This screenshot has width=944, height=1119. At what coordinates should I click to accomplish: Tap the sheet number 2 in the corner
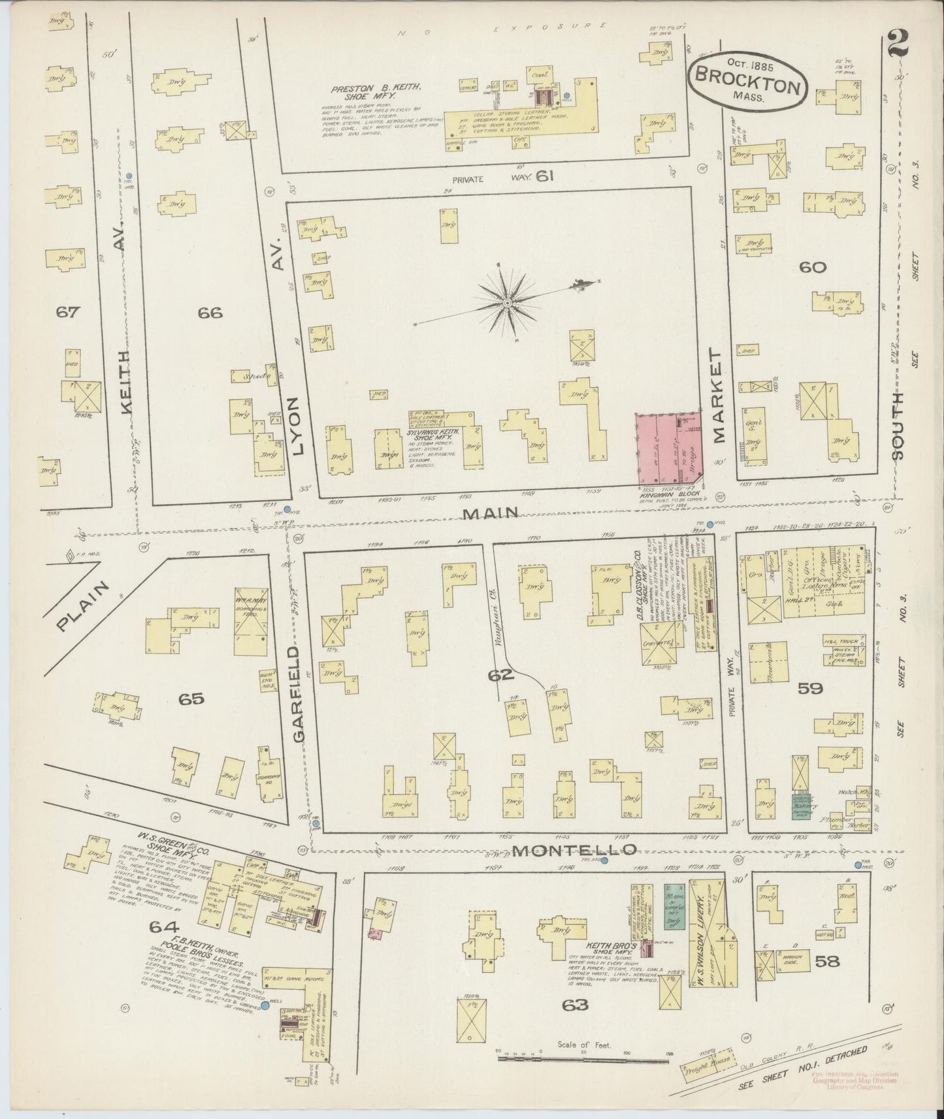click(x=900, y=45)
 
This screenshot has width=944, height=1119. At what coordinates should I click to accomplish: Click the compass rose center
click(x=507, y=304)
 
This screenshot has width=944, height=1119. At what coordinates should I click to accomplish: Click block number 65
click(x=191, y=699)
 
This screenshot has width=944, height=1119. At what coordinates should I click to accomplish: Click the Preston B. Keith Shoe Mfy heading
click(x=374, y=91)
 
